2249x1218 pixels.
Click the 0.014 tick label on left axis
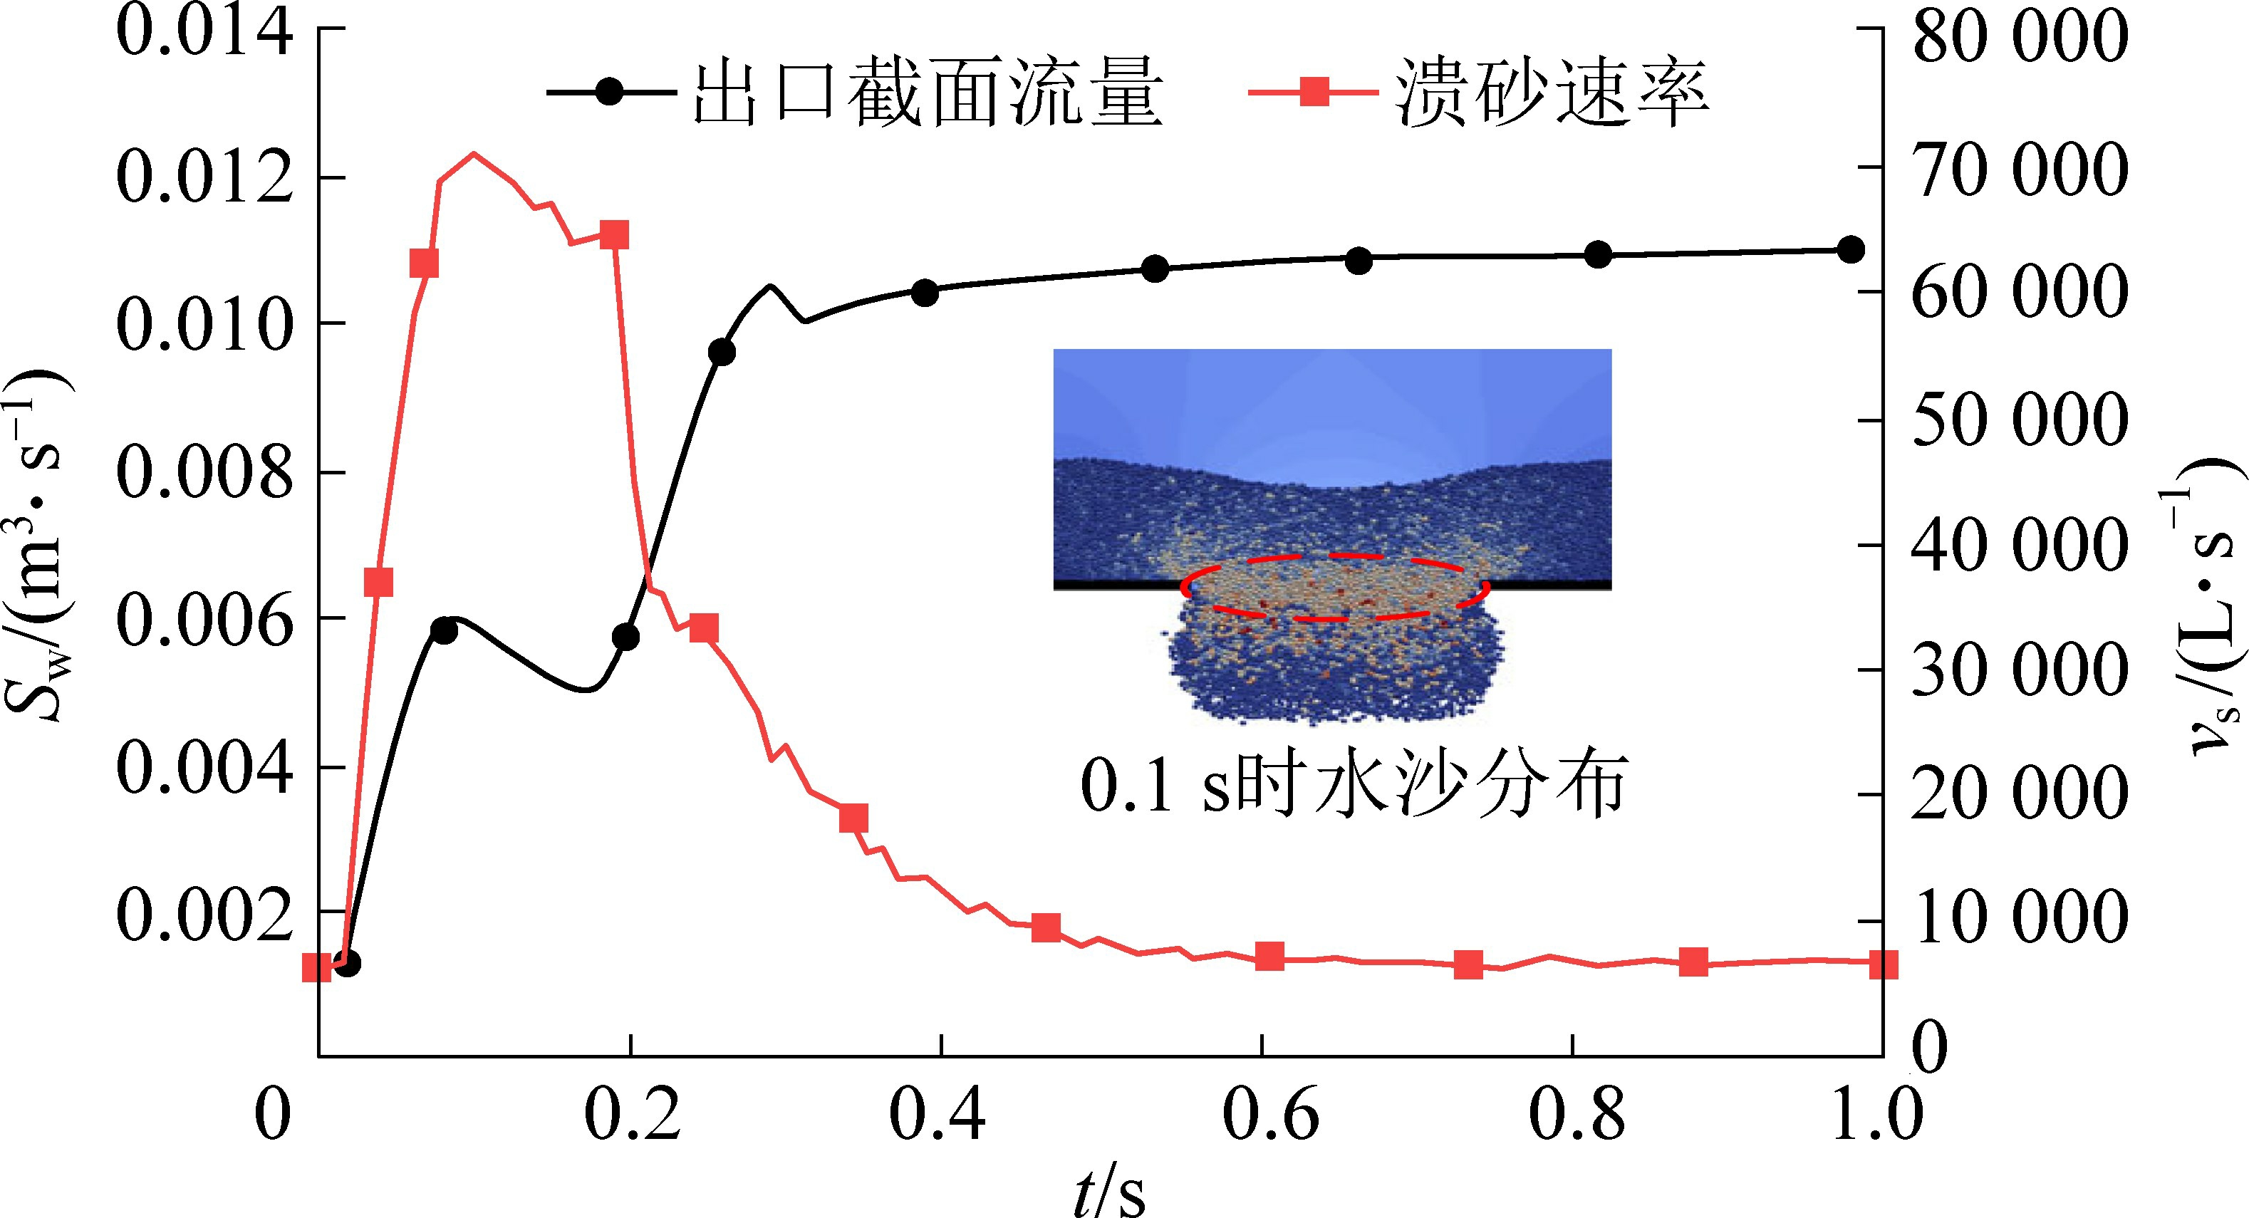click(x=204, y=32)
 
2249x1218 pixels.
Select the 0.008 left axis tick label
click(x=204, y=473)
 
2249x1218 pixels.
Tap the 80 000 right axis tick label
click(x=2018, y=36)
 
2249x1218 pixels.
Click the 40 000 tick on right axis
click(x=2018, y=546)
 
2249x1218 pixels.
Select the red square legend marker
click(x=1314, y=92)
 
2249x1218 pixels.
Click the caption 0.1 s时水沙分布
click(x=1354, y=784)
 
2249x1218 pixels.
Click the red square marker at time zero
click(x=317, y=967)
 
